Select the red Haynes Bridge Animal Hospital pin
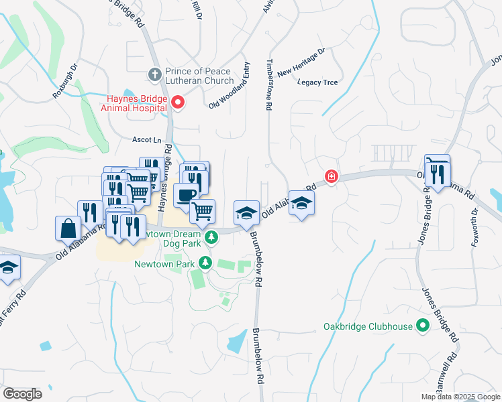tap(178, 103)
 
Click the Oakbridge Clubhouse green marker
tap(422, 326)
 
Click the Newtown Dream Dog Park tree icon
tap(211, 237)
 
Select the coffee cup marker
tap(185, 195)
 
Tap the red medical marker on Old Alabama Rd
tap(331, 177)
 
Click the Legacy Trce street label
tap(317, 82)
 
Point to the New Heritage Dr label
tap(301, 62)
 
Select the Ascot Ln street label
tap(148, 140)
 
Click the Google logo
tap(22, 394)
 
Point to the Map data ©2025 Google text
tap(460, 397)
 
